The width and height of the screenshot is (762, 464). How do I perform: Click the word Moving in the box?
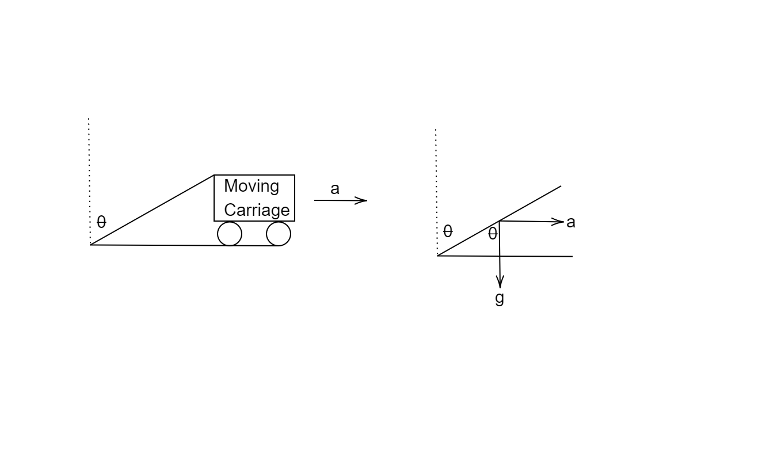pyautogui.click(x=252, y=187)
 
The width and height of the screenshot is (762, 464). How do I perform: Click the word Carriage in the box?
pyautogui.click(x=257, y=210)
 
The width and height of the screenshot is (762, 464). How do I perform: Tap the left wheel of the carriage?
pyautogui.click(x=230, y=234)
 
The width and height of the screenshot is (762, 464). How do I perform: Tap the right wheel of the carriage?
pyautogui.click(x=279, y=234)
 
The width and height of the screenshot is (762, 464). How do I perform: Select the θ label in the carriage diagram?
pyautogui.click(x=101, y=222)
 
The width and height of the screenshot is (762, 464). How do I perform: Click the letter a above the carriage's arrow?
pyautogui.click(x=335, y=189)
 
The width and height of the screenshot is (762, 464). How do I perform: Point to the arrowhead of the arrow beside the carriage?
pyautogui.click(x=361, y=200)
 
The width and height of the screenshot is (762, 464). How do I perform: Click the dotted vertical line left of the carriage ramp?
pyautogui.click(x=89, y=181)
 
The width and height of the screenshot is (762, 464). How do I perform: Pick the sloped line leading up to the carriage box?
pyautogui.click(x=153, y=210)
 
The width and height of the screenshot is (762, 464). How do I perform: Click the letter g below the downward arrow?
pyautogui.click(x=500, y=298)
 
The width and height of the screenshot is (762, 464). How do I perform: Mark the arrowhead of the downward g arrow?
pyautogui.click(x=500, y=282)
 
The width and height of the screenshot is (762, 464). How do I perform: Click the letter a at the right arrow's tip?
pyautogui.click(x=571, y=222)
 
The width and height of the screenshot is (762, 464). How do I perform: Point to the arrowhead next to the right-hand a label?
pyautogui.click(x=558, y=222)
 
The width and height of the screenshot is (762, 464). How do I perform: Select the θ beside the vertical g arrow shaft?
pyautogui.click(x=493, y=234)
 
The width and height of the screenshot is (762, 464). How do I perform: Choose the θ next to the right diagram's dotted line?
pyautogui.click(x=448, y=231)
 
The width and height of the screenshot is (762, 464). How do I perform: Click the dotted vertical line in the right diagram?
pyautogui.click(x=436, y=192)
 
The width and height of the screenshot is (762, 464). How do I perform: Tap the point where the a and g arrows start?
pyautogui.click(x=500, y=221)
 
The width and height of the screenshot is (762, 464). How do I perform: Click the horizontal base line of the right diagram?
pyautogui.click(x=505, y=256)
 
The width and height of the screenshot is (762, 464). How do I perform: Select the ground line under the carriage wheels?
pyautogui.click(x=185, y=245)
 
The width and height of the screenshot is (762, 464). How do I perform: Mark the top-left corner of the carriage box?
pyautogui.click(x=214, y=175)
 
